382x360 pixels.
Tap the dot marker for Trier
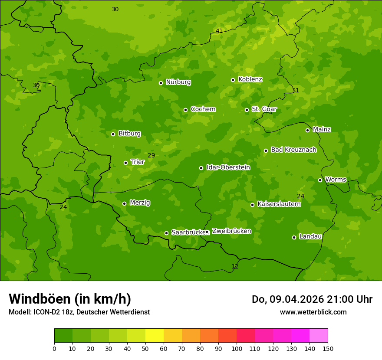[126, 163]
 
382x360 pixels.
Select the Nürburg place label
[178, 82]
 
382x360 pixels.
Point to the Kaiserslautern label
[279, 204]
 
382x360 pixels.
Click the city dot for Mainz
[307, 130]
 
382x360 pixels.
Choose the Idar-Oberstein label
[228, 167]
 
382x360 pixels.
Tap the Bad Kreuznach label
[293, 150]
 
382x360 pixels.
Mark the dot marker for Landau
[294, 237]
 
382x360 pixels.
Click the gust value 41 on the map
[219, 31]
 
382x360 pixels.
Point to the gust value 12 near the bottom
[235, 266]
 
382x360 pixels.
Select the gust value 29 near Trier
[151, 155]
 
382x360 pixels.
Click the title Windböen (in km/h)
[70, 299]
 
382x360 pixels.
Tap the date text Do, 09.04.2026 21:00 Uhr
[312, 299]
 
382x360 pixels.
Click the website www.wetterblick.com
[313, 312]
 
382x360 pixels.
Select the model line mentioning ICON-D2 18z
[79, 312]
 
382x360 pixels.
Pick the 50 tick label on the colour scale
[145, 348]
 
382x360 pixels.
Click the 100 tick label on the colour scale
[237, 348]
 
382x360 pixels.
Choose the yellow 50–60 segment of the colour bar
[155, 336]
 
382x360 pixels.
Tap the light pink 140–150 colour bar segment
[319, 336]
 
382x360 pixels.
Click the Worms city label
[335, 180]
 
